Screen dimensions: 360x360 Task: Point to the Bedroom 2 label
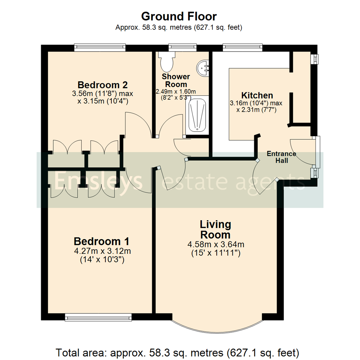[102, 84]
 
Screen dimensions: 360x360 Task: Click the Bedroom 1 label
[101, 241]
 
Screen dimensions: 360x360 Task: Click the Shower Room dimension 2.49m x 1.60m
[176, 92]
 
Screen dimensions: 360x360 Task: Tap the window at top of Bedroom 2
[100, 48]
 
